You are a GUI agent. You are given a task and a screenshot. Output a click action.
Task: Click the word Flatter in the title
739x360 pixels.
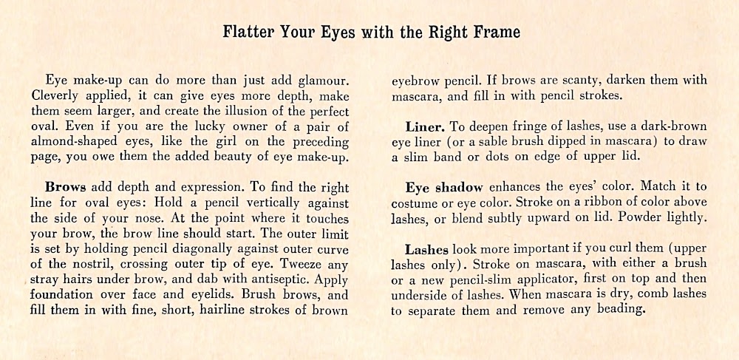coord(249,33)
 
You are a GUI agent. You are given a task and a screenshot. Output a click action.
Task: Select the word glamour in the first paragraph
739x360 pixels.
coord(321,80)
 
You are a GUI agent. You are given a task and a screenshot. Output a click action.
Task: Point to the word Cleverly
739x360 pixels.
coord(55,96)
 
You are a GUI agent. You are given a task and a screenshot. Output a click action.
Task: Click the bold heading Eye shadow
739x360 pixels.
coord(444,188)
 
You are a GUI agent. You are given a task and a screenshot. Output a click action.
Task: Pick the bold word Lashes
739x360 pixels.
coord(427,251)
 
